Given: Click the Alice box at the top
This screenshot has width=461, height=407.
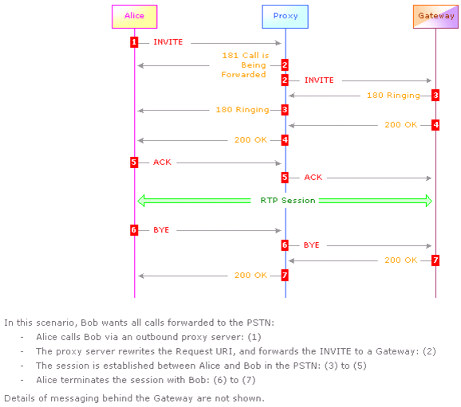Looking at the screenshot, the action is (x=134, y=17).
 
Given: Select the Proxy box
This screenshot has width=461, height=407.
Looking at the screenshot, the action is (x=286, y=17).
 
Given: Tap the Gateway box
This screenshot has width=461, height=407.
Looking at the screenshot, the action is (x=435, y=17).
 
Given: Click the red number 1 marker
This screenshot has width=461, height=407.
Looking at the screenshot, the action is (x=134, y=42).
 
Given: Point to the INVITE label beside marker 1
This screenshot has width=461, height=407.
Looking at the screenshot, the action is (x=167, y=42).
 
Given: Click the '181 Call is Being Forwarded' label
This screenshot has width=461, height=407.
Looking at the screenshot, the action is (x=245, y=65).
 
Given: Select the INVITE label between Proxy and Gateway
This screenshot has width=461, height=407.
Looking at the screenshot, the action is (x=319, y=80).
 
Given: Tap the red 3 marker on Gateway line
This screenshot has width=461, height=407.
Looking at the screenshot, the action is (x=435, y=95).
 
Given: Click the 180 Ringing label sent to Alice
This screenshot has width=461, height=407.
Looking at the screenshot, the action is (x=242, y=110).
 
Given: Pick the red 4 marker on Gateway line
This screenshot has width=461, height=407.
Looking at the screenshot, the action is (x=435, y=125).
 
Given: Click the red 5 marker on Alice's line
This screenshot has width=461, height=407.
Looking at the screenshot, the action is (x=134, y=162).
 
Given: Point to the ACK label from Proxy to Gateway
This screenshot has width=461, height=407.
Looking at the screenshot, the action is (x=313, y=178).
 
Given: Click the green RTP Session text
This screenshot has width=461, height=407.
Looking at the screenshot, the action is (x=288, y=201).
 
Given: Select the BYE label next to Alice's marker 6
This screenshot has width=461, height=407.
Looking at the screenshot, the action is (x=161, y=230).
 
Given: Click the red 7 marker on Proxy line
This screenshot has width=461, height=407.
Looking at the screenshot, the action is (x=285, y=275).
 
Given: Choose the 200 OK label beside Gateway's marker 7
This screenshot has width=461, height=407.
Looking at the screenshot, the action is (x=400, y=260).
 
